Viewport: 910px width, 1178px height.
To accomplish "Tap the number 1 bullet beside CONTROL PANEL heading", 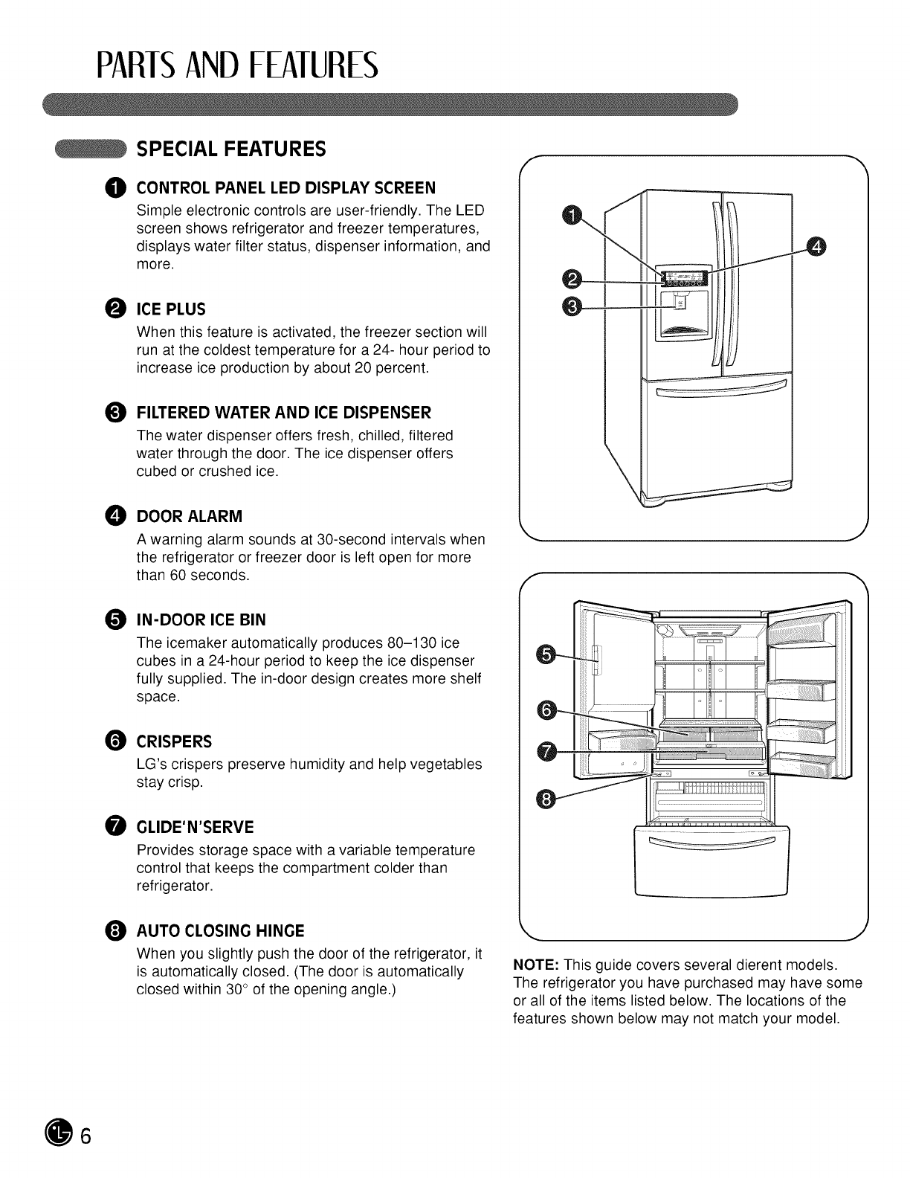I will point(117,186).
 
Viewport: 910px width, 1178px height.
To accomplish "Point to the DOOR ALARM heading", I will point(190,516).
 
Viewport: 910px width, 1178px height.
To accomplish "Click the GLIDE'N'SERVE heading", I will point(195,827).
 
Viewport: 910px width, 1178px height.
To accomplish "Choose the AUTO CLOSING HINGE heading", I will point(220,931).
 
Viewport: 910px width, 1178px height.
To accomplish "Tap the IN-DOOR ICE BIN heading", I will point(201,620).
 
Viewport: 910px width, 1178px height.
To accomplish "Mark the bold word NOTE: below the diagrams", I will point(536,965).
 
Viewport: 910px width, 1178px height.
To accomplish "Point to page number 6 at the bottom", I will point(86,1133).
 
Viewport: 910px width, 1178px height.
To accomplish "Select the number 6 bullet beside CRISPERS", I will point(117,741).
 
